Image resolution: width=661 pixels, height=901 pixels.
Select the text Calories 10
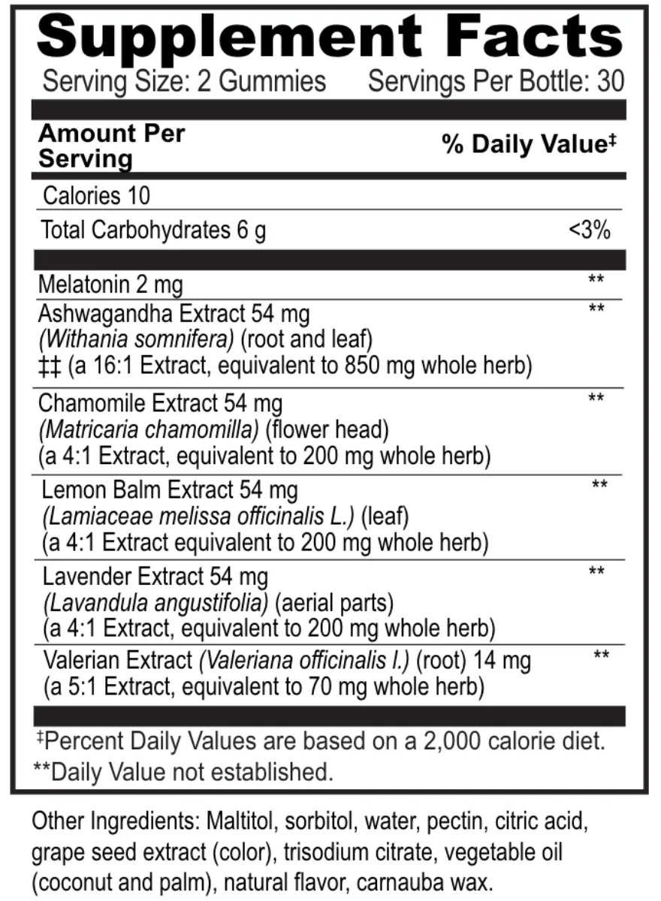[96, 196]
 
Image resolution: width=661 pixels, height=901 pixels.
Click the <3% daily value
[590, 231]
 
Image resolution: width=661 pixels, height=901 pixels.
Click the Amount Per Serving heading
[110, 146]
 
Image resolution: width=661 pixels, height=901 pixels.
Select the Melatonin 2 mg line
[110, 285]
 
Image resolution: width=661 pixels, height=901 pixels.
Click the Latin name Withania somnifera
[136, 339]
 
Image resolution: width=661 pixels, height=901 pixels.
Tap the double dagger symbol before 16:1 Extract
[50, 366]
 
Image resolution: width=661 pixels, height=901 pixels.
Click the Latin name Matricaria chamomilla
[148, 430]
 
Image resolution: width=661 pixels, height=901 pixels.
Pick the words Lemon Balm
[102, 490]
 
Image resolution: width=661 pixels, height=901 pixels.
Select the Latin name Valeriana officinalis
[304, 661]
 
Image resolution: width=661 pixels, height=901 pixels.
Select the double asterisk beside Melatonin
[596, 280]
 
